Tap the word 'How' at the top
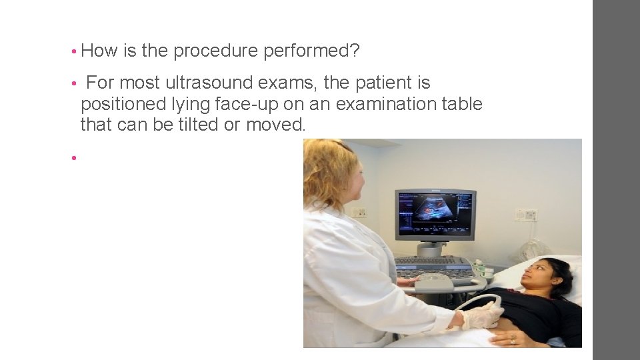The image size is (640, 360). coord(99,50)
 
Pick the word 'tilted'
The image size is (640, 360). coord(196,124)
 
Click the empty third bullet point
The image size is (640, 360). coord(75,158)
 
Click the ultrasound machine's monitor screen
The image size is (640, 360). coord(435,214)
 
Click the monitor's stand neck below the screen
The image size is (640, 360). coord(433,248)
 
